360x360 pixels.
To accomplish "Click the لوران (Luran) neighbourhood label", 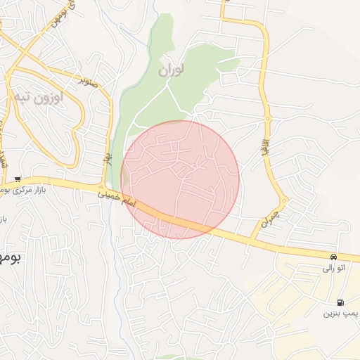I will [x=171, y=71].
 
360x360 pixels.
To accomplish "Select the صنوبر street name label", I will [x=88, y=80].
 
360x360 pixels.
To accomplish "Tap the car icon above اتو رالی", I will [x=333, y=256].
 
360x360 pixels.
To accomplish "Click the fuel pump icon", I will [x=341, y=302].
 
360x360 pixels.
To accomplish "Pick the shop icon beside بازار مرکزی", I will [x=18, y=179].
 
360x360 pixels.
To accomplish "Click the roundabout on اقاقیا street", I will [x=268, y=118].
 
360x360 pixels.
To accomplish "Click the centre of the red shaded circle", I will [x=180, y=179].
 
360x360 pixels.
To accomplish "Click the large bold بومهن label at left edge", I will [x=10, y=258].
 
